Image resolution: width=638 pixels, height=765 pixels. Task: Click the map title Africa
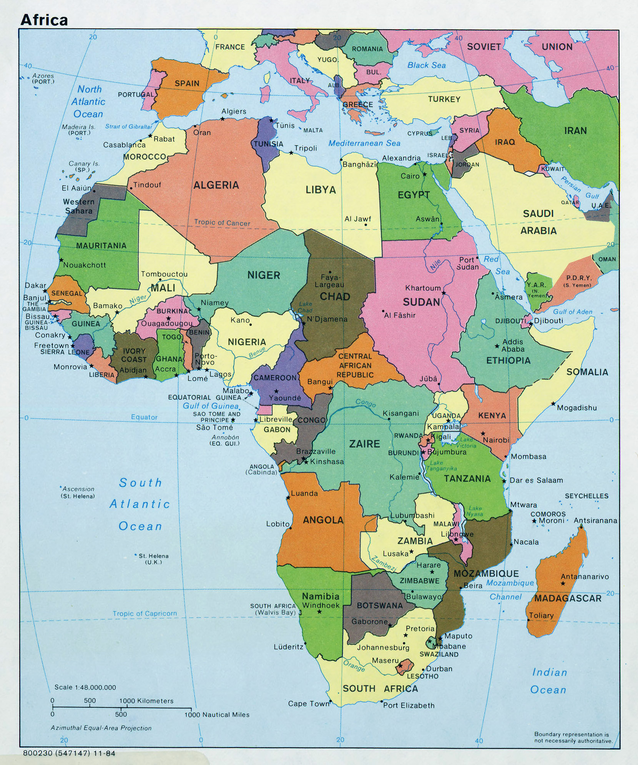[44, 20]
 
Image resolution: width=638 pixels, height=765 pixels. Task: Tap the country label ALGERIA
[216, 185]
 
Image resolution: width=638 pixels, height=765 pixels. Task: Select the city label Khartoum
[423, 288]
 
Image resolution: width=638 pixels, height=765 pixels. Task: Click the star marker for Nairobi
[483, 433]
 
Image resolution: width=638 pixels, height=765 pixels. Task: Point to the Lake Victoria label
[466, 442]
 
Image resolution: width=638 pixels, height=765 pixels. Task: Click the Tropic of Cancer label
[222, 223]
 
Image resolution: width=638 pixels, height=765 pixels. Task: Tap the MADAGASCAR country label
[567, 598]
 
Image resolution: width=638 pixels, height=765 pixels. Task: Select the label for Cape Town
[309, 703]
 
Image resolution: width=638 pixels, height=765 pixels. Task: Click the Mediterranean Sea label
[364, 143]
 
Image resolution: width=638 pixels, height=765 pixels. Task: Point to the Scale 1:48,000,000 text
[85, 687]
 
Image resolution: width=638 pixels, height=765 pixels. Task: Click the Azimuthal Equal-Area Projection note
[101, 728]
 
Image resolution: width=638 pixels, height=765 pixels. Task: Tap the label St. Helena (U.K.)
[153, 559]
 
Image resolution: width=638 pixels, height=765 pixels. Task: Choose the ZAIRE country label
[364, 444]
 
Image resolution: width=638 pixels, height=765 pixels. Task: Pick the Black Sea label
[426, 65]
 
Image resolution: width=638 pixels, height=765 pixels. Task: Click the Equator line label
[144, 417]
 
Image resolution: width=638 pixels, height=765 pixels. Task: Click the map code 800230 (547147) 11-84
[69, 753]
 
